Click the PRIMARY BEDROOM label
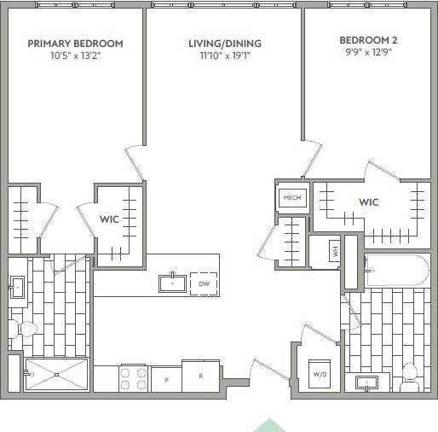coord(75,44)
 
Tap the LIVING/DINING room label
coord(225,44)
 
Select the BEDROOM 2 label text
coord(368,40)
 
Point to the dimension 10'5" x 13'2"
coord(75,56)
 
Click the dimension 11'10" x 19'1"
coord(225,56)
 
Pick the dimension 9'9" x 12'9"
coord(368,52)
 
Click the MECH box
coord(292,198)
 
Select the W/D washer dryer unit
coord(320,374)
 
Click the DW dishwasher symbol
coord(204,283)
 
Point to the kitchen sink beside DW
coord(173,283)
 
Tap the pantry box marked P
coord(165,378)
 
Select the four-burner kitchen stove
coord(134,377)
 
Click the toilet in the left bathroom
coord(24,329)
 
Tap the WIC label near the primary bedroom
coord(109,219)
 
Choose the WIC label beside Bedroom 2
coord(368,202)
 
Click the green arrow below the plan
coord(269,424)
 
